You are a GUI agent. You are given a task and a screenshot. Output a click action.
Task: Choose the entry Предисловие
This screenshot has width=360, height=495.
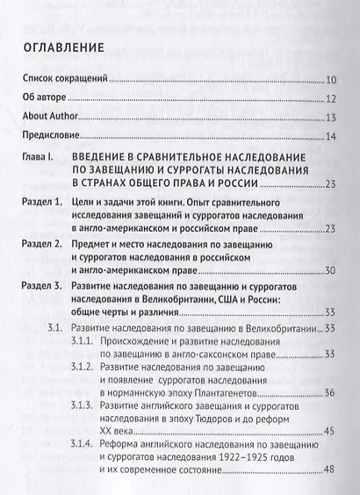click(x=54, y=135)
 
